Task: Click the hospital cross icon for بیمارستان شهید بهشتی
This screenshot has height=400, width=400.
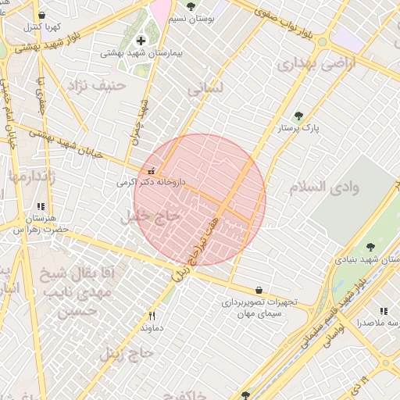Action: [141, 41]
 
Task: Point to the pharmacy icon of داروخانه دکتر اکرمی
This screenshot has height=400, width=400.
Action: [151, 171]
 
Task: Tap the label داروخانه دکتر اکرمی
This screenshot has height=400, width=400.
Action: [152, 182]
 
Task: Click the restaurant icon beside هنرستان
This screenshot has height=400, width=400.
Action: [40, 207]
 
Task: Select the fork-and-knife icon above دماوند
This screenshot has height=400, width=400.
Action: [152, 316]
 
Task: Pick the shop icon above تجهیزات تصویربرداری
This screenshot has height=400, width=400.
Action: [259, 290]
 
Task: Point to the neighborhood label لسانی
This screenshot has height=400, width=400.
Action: [205, 91]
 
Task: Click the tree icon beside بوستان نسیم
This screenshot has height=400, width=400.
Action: [191, 6]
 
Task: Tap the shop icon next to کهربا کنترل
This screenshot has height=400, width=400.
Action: [41, 15]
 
